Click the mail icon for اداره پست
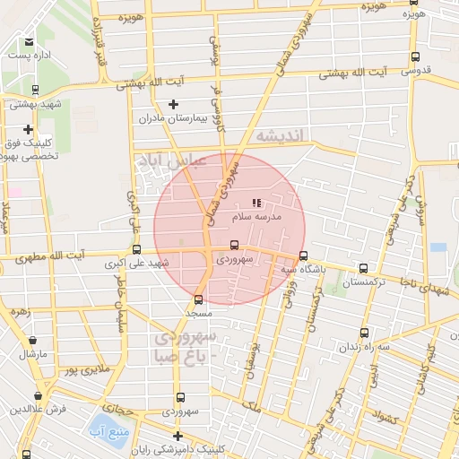29,42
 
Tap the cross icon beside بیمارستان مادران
174,104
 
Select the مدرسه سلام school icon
256,203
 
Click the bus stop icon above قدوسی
414,56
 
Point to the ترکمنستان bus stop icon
363,267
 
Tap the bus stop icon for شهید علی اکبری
136,250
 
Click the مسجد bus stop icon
198,300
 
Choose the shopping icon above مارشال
33,341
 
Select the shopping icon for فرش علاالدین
38,395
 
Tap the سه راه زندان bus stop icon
363,333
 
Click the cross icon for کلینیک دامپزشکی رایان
178,436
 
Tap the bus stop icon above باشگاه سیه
303,255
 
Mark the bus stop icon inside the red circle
235,245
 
